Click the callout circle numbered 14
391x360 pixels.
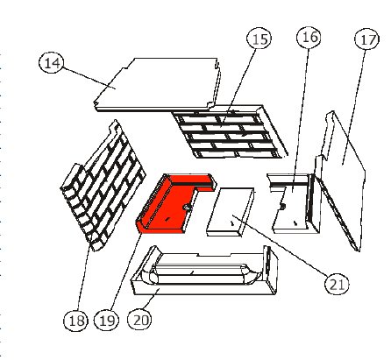pos(52,63)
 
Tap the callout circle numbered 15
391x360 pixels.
pos(259,39)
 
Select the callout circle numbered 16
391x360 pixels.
pos(309,37)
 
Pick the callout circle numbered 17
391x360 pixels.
pos(366,39)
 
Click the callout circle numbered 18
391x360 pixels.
pos(75,320)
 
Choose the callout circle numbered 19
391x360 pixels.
pos(107,320)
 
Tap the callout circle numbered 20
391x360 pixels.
pos(140,319)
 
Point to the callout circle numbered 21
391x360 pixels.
pos(337,284)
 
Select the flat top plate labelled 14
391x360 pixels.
pos(158,85)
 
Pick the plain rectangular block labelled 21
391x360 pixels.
pos(231,212)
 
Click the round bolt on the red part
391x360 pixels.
pos(186,207)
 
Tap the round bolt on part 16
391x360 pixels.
pos(282,206)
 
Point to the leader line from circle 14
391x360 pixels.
pos(89,78)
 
